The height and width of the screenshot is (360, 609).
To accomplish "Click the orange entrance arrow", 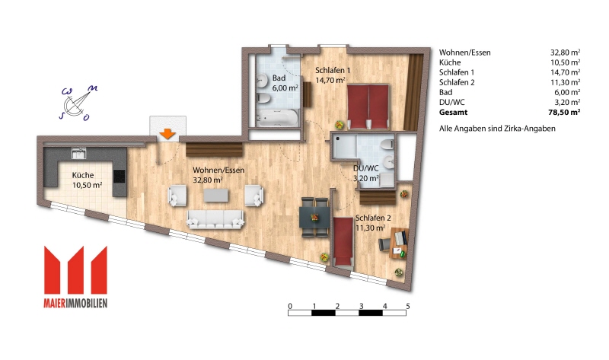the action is point(167,134).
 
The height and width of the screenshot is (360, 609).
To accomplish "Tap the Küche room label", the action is point(83,175).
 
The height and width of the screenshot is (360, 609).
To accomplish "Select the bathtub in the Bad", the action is point(278,117).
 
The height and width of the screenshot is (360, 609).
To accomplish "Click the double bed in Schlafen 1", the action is point(368,107).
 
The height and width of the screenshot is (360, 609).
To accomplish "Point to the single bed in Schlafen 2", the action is point(343,241).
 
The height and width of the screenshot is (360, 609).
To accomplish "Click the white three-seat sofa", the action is point(215,219).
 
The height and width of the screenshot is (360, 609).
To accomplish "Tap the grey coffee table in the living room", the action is point(216,195).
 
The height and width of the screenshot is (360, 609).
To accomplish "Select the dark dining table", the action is point(314,217).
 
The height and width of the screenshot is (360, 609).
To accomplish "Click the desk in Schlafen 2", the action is point(399,243).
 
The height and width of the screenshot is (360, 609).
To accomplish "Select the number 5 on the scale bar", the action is point(408,306).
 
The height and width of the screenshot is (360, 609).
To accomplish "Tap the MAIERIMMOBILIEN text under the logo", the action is point(75,303).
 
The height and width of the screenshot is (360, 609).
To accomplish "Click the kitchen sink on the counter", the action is point(79,153).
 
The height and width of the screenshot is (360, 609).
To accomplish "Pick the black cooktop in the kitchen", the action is point(120,177).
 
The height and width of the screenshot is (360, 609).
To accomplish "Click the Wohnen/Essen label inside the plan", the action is point(218,170).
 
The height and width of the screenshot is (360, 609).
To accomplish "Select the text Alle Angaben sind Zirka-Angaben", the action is point(497,129).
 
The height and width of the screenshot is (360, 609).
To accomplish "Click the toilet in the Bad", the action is point(263,97).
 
